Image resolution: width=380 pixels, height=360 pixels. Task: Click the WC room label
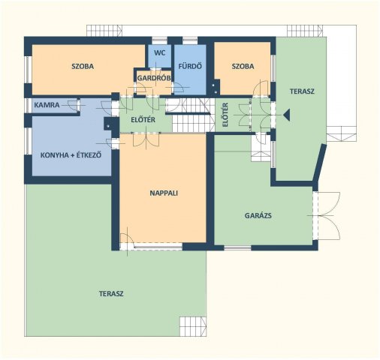click(159, 53)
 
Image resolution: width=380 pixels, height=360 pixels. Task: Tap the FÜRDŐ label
click(190, 66)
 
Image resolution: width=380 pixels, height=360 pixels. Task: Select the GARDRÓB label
click(154, 78)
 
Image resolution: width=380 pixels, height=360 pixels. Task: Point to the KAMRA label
click(47, 105)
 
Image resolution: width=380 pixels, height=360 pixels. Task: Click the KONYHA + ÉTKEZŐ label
click(71, 155)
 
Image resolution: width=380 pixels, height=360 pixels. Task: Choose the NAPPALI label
click(164, 193)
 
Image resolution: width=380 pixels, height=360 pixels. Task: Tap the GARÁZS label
click(258, 215)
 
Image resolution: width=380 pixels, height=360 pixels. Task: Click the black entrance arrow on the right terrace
click(287, 115)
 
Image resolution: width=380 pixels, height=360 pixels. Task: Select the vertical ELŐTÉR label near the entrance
click(225, 115)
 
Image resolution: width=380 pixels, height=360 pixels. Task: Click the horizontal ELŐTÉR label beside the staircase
click(143, 120)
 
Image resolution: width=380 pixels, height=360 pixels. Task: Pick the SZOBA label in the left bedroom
click(83, 66)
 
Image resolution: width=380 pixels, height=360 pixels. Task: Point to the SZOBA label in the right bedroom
click(243, 66)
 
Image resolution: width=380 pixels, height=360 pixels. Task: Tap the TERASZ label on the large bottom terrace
click(111, 293)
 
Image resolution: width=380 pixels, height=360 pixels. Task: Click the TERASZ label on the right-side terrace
click(302, 91)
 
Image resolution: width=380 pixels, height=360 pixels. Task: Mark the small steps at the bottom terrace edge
click(193, 326)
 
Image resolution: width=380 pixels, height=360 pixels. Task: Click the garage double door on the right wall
click(326, 216)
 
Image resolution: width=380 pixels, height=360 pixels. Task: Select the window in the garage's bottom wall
click(237, 247)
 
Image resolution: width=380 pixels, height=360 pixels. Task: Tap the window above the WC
click(160, 40)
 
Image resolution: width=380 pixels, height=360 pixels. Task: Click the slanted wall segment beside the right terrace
click(320, 163)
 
